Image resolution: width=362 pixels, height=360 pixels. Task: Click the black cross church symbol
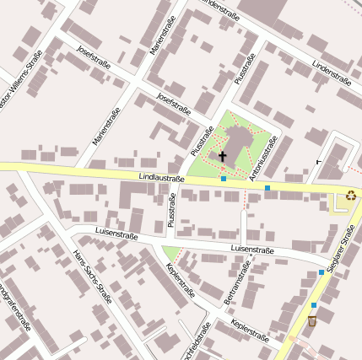point(223,156)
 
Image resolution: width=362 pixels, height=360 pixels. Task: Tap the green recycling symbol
point(349,195)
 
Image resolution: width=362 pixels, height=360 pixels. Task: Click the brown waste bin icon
point(312,320)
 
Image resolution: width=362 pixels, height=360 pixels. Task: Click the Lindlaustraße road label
point(162,179)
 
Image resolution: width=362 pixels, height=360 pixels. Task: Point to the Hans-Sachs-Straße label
point(92,274)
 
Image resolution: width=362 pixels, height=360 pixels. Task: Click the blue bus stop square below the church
point(223,179)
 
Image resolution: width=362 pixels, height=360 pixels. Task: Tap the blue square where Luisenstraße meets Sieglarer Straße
point(321,272)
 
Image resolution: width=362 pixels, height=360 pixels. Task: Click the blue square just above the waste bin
point(314,305)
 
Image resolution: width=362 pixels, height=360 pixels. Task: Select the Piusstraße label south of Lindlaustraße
point(171,211)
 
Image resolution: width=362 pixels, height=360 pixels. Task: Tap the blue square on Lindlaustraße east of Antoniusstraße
point(267,187)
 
